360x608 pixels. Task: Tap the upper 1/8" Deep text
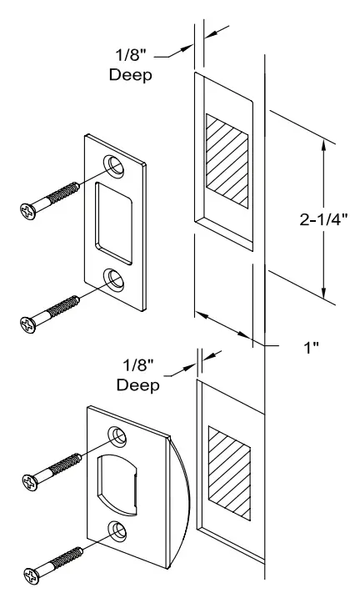tap(132, 66)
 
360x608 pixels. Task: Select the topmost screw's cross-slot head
tap(27, 209)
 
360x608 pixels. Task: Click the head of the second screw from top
tap(27, 322)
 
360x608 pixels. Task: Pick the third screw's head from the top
tap(31, 481)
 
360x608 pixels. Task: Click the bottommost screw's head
tap(31, 575)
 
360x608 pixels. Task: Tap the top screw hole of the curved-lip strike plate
tap(117, 435)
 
